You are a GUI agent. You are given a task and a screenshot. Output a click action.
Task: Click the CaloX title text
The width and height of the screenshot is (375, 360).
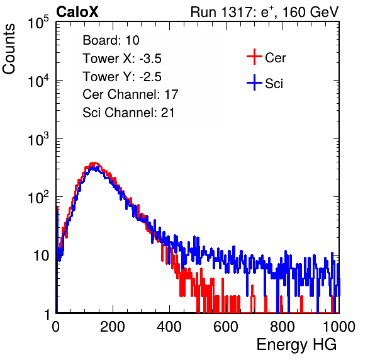tap(77, 12)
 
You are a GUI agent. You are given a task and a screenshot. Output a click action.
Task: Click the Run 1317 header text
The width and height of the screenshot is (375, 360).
tap(264, 12)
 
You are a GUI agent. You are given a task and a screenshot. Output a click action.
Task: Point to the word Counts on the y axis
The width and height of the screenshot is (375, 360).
tap(9, 49)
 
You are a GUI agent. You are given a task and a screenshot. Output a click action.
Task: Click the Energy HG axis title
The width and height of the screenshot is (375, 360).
tap(296, 345)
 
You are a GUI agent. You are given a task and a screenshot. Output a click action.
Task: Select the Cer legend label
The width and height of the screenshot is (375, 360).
tap(275, 58)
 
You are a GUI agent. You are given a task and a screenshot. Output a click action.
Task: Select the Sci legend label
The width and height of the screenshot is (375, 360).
tap(274, 84)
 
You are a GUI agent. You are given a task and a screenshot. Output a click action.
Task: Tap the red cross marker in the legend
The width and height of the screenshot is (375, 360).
tap(254, 57)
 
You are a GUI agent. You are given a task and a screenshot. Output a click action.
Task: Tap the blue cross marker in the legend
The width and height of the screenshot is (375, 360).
tap(254, 82)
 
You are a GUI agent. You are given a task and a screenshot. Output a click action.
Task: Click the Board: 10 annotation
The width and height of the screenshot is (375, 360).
tap(111, 40)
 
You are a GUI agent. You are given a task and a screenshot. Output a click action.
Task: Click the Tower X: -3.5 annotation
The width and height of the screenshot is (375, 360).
tap(122, 59)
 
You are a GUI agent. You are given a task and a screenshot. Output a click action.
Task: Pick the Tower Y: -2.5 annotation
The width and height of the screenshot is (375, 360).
tap(122, 77)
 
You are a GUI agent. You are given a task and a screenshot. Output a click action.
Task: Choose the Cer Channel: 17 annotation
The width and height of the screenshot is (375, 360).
tap(130, 94)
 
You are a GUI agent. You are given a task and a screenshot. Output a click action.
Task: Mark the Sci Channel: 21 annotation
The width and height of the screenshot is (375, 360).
tap(128, 113)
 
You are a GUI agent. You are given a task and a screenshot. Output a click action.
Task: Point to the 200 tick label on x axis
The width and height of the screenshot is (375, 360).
tap(113, 327)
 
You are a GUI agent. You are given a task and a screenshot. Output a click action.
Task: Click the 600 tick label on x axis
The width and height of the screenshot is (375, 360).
tap(226, 327)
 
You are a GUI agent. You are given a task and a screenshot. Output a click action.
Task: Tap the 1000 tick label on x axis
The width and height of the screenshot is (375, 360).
tap(339, 327)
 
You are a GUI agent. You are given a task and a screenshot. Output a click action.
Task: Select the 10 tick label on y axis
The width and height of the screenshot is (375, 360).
tap(42, 256)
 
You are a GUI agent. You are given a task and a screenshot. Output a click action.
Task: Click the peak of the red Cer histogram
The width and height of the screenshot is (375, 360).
tap(94, 163)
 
